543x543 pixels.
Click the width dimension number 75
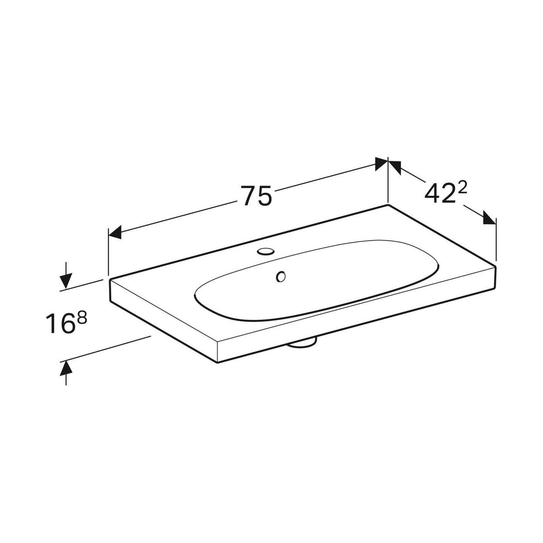(x=257, y=195)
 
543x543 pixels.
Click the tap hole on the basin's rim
(x=266, y=251)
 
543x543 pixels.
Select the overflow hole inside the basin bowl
(x=281, y=276)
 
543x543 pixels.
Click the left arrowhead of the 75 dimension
(x=115, y=232)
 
